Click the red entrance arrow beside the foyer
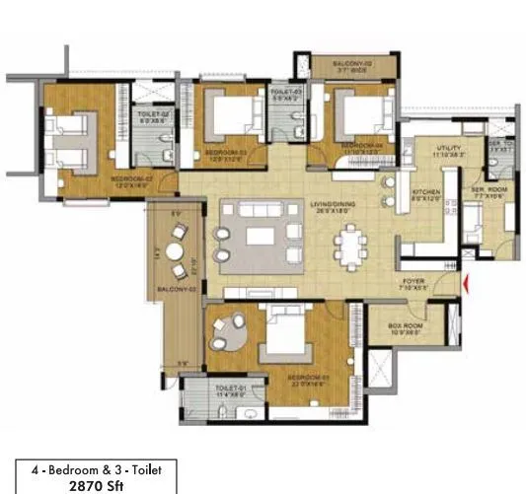[467, 287]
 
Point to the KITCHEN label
[425, 192]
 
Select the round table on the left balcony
[179, 246]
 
